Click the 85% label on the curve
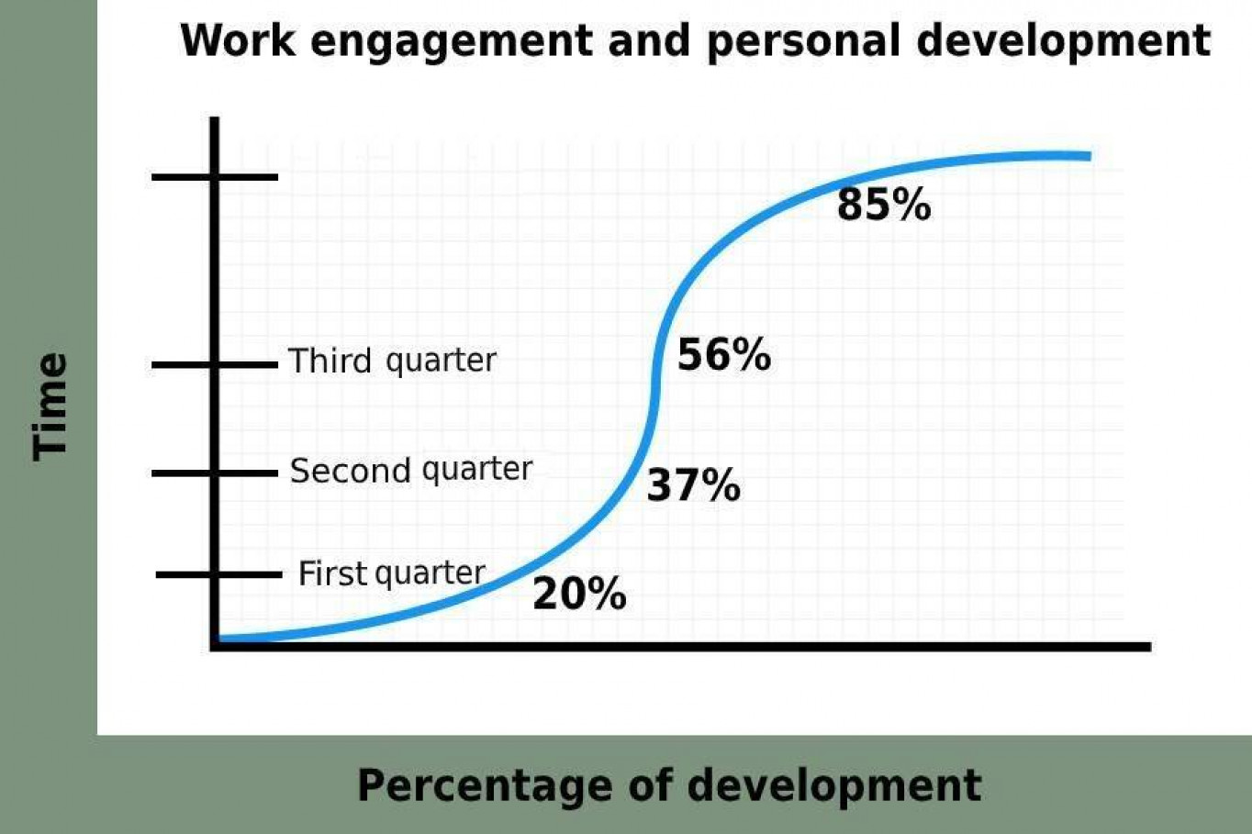coord(884,205)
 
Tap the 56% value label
coord(724,355)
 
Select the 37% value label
coord(694,484)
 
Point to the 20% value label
coord(579,594)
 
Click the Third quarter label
coord(392,361)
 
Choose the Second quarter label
coord(411,471)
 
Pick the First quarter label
coord(392,573)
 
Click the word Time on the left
coord(50,406)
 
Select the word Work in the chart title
coord(238,40)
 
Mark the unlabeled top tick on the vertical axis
coord(215,177)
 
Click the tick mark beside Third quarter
coord(215,365)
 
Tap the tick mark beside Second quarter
coord(215,473)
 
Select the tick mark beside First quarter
coord(219,574)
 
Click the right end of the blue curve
coord(1090,156)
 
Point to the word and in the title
coord(650,40)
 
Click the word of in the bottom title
coord(650,784)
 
